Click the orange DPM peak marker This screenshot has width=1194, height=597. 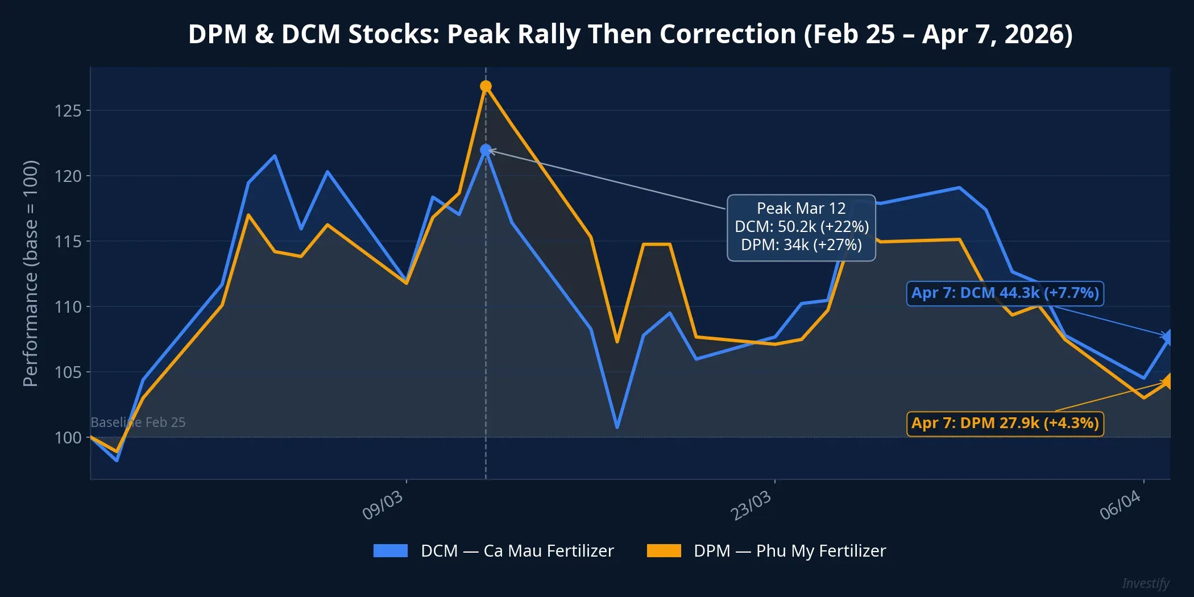pos(486,86)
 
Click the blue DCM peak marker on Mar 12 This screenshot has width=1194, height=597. pos(486,150)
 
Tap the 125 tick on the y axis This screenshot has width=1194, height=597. pos(68,110)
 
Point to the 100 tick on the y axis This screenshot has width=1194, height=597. pos(68,437)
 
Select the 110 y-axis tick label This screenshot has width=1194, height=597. pos(68,307)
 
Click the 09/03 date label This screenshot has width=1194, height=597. pos(383,505)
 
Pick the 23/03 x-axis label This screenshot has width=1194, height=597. pos(751,505)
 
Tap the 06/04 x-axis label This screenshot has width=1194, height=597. pos(1120,505)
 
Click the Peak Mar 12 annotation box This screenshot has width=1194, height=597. pos(801,227)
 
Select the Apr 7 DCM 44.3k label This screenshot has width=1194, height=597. pos(1005,293)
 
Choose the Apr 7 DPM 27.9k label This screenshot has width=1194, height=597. pos(1005,424)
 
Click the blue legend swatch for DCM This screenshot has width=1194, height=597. pos(390,550)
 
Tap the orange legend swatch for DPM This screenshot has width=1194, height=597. pos(664,550)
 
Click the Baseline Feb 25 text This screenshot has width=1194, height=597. pos(138,422)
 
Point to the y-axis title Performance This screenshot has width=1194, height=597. pos(31,273)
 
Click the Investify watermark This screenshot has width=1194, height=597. pos(1145,583)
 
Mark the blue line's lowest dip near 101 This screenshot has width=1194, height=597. pos(617,426)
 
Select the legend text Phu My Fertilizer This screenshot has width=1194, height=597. pos(820,551)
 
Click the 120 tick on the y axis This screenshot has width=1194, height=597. pos(68,176)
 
